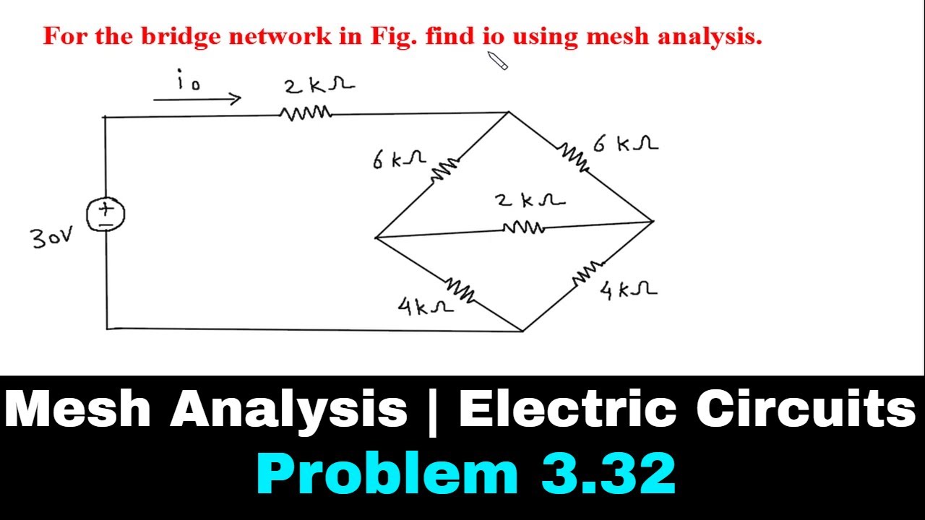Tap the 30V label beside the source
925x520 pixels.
coord(52,238)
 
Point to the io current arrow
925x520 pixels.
coord(197,99)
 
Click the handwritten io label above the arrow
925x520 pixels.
coord(189,79)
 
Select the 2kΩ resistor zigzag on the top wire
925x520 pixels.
coord(306,113)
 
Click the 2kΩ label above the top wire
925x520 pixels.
coord(319,85)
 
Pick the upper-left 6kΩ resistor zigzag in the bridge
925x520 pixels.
coord(444,169)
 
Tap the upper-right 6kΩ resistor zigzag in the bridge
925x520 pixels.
coord(574,157)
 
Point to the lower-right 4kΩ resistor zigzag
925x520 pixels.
coord(588,272)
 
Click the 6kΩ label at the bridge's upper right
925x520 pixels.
coord(626,144)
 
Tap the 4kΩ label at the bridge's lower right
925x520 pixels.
coord(628,290)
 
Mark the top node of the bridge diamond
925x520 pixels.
coord(509,112)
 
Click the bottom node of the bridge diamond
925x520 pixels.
coord(522,331)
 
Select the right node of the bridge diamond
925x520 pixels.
coord(653,222)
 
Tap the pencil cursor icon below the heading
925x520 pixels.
coord(498,61)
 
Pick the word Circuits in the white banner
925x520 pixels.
coord(805,409)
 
